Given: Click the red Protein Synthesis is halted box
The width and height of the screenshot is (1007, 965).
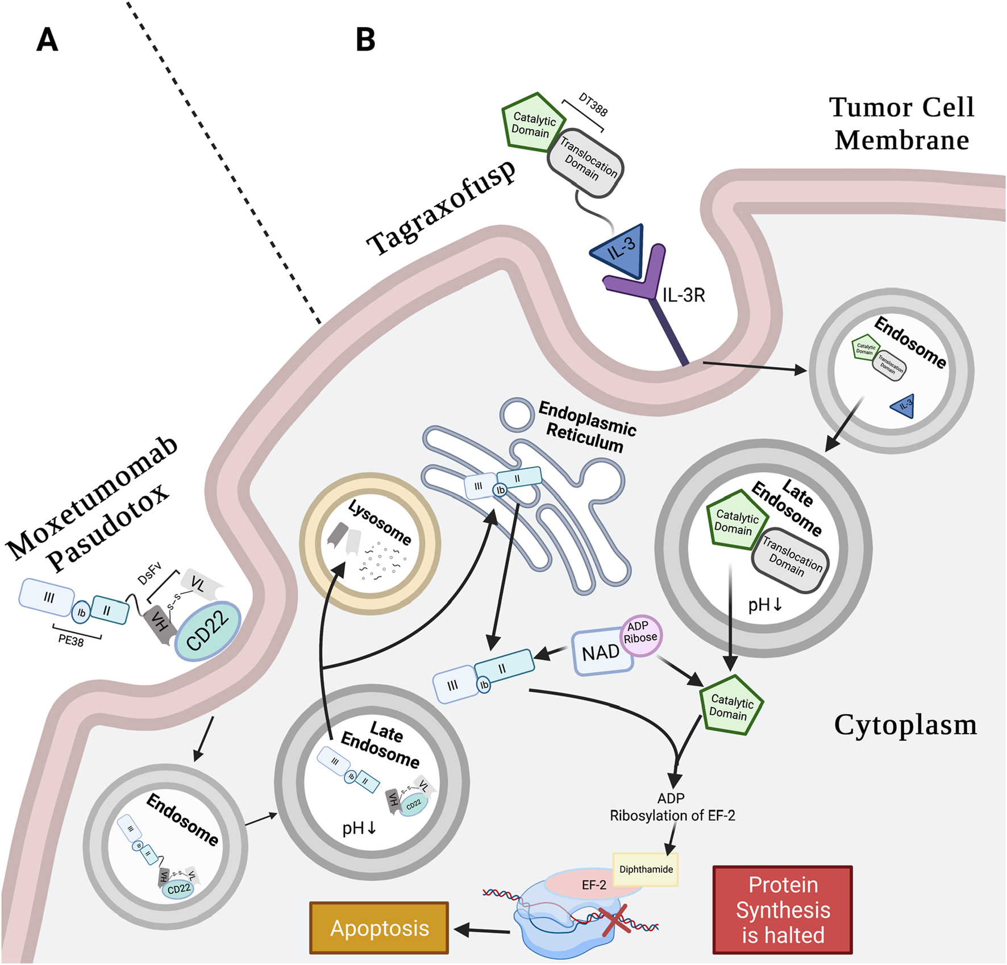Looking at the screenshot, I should pos(782,910).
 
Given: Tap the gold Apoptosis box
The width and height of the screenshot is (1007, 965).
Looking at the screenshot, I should pos(379,928).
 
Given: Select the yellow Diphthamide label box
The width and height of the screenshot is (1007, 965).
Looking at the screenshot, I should pos(646,870).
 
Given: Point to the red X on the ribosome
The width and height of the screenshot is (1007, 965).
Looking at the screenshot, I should pos(615,920).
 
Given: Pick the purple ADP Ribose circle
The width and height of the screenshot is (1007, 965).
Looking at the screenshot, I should pos(640,633).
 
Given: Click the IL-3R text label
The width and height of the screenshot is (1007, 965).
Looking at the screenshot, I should pos(684,296).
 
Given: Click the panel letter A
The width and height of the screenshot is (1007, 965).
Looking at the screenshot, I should pos(47,40).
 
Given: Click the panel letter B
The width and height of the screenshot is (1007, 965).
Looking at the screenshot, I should pos(365,40).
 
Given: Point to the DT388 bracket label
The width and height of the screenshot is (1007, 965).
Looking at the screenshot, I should pos(593,105).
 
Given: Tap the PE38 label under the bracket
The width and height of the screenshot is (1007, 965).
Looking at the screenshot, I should pos(71,640).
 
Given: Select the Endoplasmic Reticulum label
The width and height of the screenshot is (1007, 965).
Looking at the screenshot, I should pos(586,426).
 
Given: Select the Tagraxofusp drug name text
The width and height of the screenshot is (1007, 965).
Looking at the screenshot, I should pos(442,207).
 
